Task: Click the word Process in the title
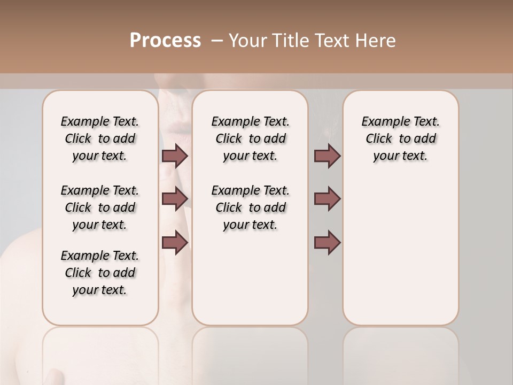coord(165,41)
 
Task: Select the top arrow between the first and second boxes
coord(175,156)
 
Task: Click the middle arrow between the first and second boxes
coord(175,199)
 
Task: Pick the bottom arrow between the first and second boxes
coord(175,242)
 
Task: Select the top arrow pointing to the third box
coord(327,156)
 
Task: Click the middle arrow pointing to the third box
coord(327,199)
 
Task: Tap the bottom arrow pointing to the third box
coord(327,242)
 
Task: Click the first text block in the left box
coord(100,138)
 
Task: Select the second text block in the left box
coord(100,207)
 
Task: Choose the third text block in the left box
coord(100,273)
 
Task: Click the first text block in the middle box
coord(250,138)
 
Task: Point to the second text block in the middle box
coord(250,207)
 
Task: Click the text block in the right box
coord(400,138)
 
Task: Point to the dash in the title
coord(217,41)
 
